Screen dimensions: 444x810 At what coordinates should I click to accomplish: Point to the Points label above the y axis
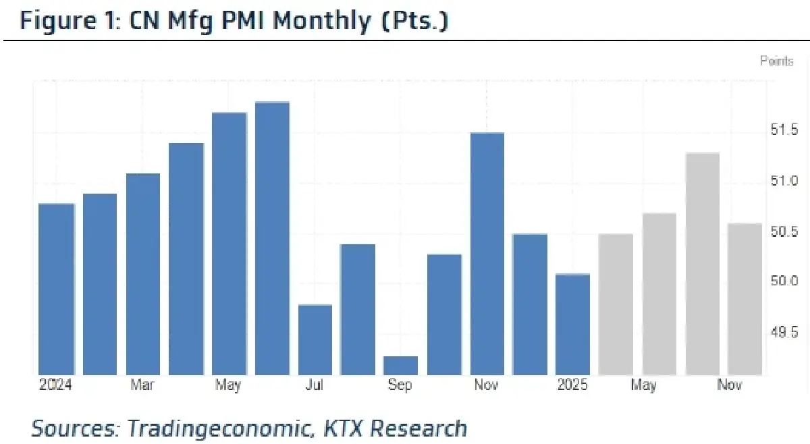point(777,61)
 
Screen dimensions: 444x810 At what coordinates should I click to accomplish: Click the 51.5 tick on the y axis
point(784,130)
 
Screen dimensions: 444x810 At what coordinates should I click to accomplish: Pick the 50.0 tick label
point(784,281)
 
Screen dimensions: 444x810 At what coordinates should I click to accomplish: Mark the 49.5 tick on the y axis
point(784,332)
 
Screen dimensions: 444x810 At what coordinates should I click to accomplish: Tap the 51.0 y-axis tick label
point(784,181)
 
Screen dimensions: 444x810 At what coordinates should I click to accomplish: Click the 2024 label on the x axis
point(55,385)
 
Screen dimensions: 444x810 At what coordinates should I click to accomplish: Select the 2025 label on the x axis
point(572,385)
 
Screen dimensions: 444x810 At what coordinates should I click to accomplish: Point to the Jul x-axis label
point(315,385)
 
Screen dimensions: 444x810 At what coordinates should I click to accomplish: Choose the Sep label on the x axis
point(400,385)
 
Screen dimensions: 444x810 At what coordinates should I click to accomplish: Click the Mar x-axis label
point(142,385)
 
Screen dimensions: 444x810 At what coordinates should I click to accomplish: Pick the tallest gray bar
point(703,263)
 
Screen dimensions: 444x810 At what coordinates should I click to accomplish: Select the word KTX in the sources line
point(344,428)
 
